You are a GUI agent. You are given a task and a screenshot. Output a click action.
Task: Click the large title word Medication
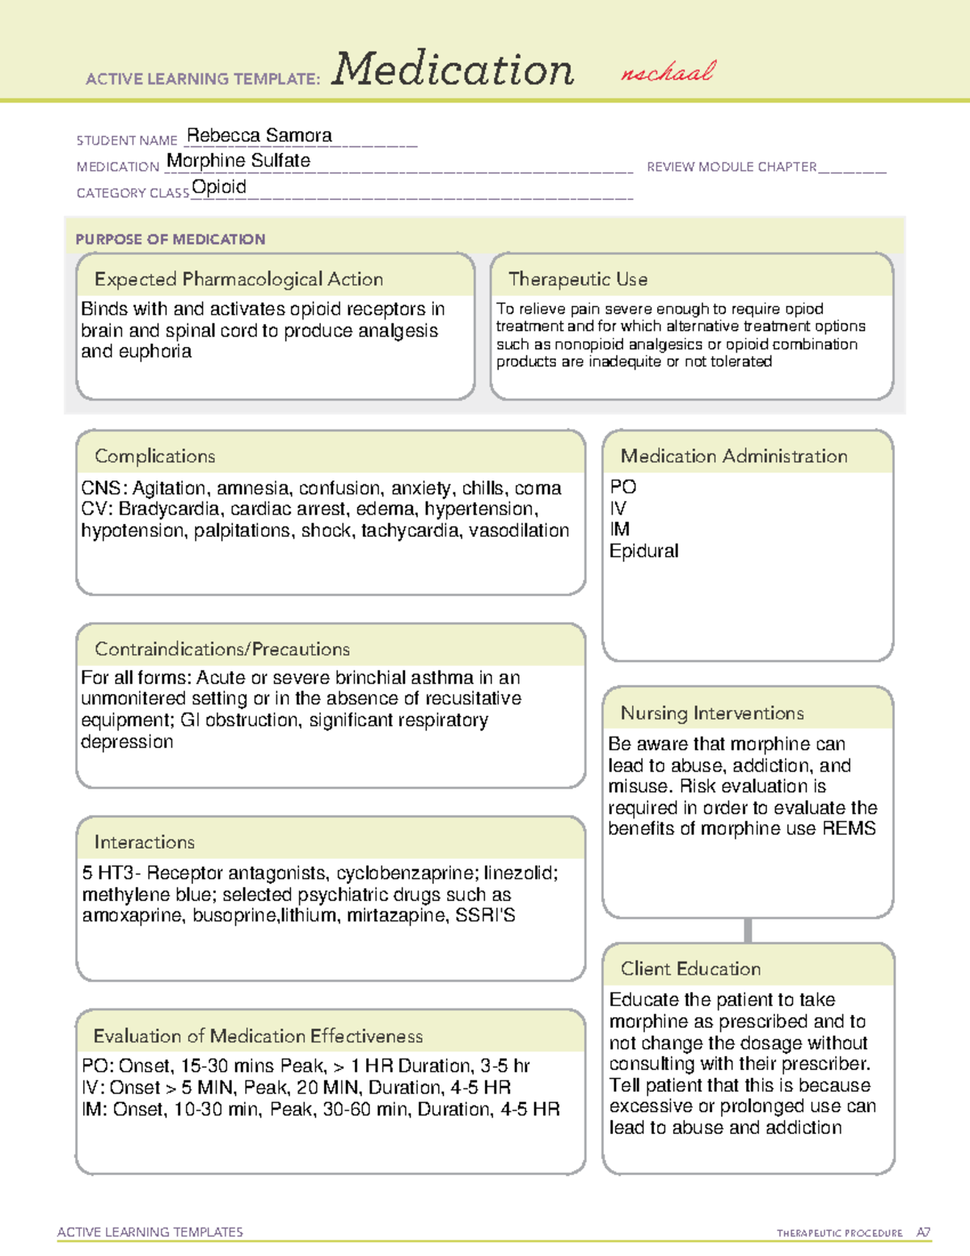(x=453, y=70)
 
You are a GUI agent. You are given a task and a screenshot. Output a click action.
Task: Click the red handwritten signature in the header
(x=668, y=72)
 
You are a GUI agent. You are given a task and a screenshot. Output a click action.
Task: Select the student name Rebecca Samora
(x=259, y=136)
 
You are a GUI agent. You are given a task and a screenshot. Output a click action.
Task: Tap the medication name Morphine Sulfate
(x=238, y=161)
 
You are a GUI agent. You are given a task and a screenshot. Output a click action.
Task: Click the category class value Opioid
(x=219, y=187)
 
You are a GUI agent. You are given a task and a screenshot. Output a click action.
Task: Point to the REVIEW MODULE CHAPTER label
(x=732, y=167)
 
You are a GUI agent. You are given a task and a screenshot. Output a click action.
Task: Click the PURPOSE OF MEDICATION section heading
(x=171, y=239)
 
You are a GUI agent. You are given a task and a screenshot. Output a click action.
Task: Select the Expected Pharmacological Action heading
(x=238, y=279)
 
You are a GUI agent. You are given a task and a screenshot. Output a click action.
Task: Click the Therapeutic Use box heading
(x=578, y=279)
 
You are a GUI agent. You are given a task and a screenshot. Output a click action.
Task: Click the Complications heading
(x=155, y=456)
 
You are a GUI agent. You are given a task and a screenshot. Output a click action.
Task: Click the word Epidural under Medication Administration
(x=643, y=552)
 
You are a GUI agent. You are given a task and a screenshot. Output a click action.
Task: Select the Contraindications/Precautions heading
(x=222, y=649)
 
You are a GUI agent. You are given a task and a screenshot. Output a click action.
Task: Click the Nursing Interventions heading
(x=712, y=713)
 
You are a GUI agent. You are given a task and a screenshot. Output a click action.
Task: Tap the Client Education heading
(x=690, y=969)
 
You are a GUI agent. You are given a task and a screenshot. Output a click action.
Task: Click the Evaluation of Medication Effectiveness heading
(x=258, y=1036)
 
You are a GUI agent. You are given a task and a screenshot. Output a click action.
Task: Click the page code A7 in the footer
(x=923, y=1233)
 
